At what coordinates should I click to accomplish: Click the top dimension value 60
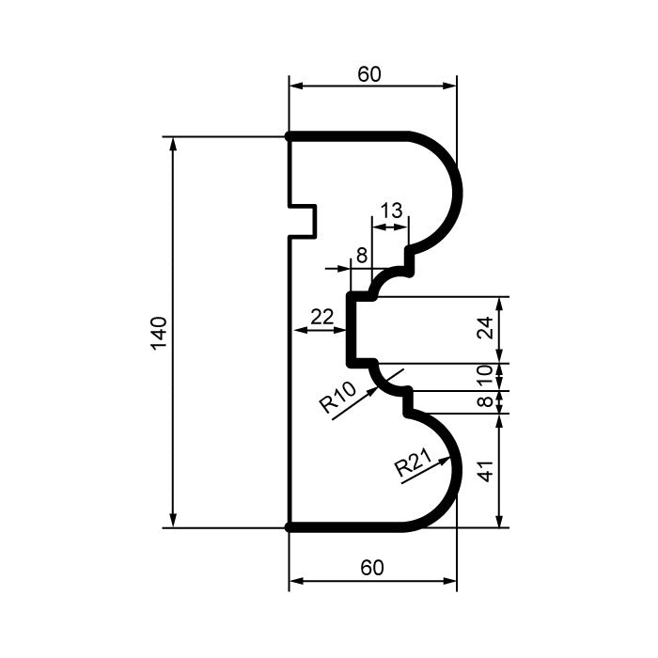coord(369,74)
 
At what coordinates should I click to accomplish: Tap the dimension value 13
coord(391,211)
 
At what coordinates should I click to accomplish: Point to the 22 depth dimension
coord(321,317)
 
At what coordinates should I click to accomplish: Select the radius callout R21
coord(412,463)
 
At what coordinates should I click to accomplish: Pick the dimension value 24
coord(485,328)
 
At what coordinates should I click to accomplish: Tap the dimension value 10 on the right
coord(485,376)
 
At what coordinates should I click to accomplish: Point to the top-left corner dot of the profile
coord(289,136)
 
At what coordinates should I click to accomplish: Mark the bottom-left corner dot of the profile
coord(289,527)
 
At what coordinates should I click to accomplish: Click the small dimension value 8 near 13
coord(361,255)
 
